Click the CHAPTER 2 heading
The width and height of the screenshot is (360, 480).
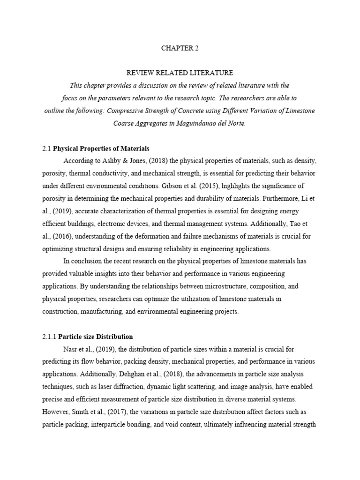(x=180, y=48)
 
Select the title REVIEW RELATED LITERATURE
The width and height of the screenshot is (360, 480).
(x=180, y=73)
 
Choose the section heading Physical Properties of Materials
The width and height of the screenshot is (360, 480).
(x=101, y=149)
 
